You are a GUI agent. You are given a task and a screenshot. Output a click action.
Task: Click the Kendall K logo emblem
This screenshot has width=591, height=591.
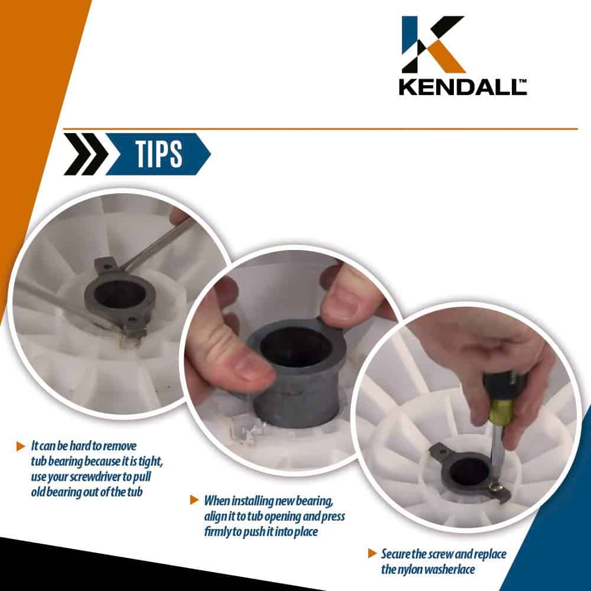(x=433, y=44)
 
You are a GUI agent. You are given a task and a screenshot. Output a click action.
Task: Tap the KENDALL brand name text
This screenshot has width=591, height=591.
(x=463, y=87)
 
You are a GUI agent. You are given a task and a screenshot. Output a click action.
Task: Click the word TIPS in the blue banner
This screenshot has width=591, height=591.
(x=158, y=154)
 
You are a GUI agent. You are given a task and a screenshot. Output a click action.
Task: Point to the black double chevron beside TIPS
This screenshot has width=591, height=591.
(x=86, y=154)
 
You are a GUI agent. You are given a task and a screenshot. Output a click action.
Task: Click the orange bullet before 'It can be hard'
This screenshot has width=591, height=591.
(x=21, y=446)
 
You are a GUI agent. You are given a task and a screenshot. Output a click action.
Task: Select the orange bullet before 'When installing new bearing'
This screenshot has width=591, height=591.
(x=194, y=500)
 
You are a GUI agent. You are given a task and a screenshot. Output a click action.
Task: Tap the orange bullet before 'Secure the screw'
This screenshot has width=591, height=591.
(x=372, y=553)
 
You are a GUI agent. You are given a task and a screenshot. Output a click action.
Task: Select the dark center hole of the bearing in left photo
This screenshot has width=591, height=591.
(x=119, y=293)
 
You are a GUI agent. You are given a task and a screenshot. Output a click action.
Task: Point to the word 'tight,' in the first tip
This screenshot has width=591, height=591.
(x=151, y=462)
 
